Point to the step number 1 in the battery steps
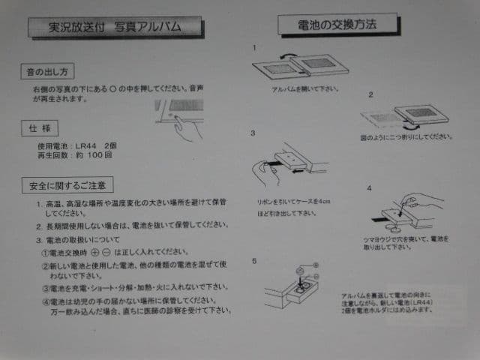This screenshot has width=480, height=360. pos(254,46)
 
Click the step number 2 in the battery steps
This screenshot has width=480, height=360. pos(370,95)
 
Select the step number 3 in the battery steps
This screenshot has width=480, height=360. pos(253,133)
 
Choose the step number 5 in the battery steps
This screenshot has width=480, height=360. pos(253,261)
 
